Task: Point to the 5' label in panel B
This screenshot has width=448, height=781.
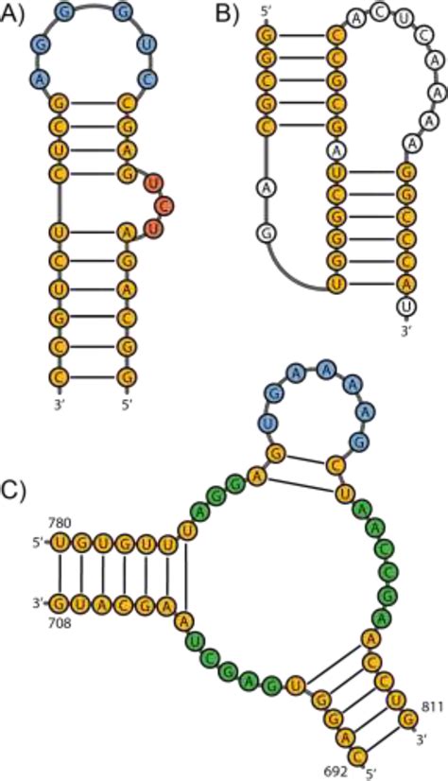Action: [264, 14]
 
